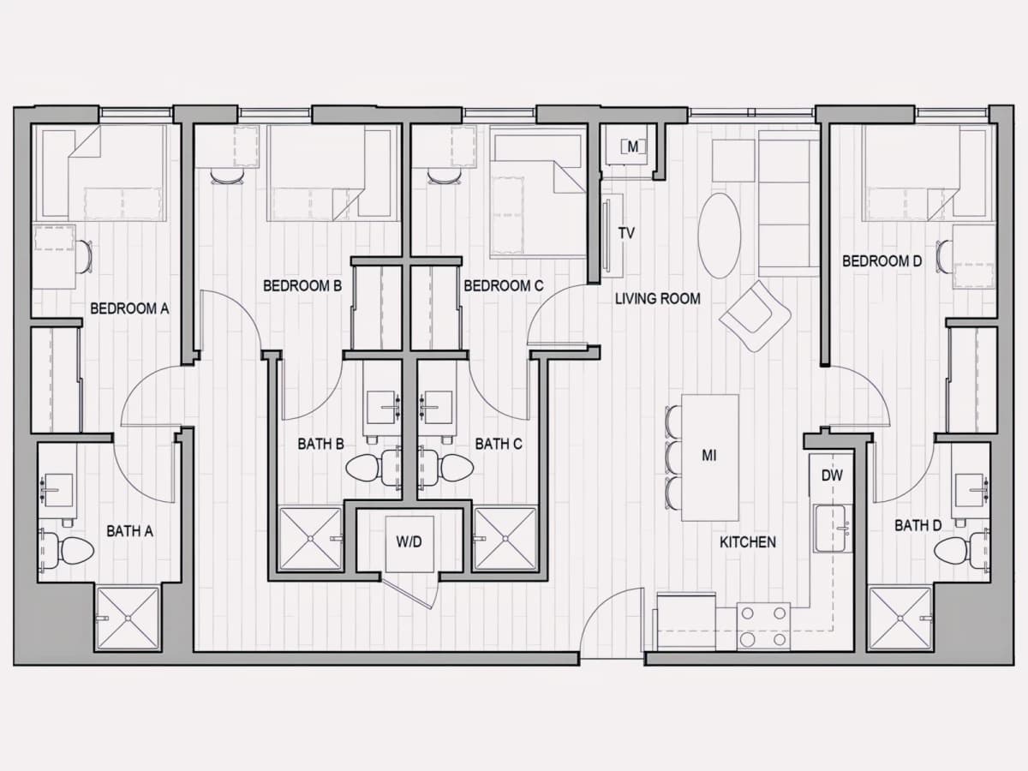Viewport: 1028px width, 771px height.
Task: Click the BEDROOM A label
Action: point(129,308)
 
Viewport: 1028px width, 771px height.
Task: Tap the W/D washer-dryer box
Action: point(409,543)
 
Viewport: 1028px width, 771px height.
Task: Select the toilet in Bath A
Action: point(67,551)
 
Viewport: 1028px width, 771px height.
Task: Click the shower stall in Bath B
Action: point(310,539)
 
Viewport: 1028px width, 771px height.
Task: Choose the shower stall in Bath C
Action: point(505,539)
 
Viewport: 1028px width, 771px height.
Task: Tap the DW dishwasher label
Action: point(832,475)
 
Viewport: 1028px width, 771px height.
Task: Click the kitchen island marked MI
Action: point(710,457)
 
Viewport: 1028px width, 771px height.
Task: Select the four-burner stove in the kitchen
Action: point(763,626)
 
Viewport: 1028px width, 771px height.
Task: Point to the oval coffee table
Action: point(720,236)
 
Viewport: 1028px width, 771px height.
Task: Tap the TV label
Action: point(626,233)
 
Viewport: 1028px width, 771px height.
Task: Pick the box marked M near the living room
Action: point(632,147)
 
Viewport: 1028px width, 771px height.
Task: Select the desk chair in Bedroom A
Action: point(84,256)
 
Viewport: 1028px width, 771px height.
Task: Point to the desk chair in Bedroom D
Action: point(944,256)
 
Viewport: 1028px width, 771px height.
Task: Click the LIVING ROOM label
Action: point(658,299)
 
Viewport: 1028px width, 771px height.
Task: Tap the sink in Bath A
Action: point(58,490)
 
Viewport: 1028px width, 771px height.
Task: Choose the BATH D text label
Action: point(918,526)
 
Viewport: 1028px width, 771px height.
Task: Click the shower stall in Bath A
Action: point(128,619)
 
